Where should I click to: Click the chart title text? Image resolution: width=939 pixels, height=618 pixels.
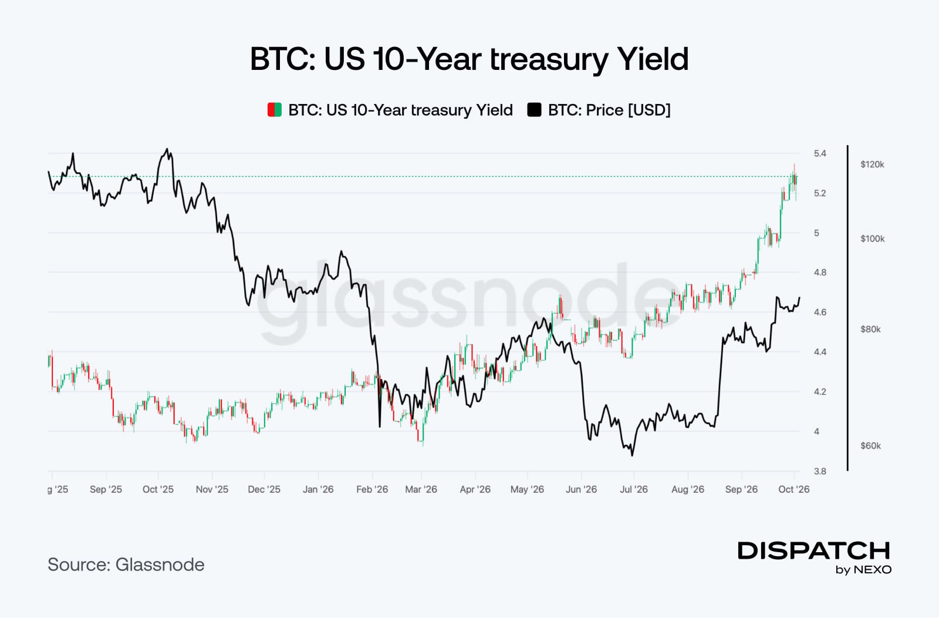coord(469,59)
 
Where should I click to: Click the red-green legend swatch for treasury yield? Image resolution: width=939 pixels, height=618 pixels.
coord(275,110)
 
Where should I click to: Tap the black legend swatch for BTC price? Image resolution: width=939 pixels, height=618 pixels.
coord(534,110)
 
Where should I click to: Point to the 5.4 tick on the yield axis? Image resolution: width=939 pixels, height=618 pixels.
coord(820,153)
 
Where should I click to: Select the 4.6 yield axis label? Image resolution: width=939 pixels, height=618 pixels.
coord(820,312)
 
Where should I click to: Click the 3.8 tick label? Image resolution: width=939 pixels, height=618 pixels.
coord(820,471)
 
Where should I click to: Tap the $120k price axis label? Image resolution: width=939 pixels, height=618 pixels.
coord(872,164)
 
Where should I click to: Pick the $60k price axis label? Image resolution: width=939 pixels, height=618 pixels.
coord(871,445)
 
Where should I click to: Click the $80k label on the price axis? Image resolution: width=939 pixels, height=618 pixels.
coord(871,330)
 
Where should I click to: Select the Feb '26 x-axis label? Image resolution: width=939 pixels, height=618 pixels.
coord(372,489)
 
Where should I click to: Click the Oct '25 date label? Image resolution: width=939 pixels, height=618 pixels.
coord(158,489)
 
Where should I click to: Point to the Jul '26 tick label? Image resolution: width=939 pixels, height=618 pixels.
coord(634,489)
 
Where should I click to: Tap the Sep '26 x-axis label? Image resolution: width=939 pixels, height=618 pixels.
coord(742,489)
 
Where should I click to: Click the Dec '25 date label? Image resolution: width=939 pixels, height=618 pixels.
coord(264,489)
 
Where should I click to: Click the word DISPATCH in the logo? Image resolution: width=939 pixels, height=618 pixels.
coord(813,550)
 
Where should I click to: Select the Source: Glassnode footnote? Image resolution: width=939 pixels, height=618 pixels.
coord(126,565)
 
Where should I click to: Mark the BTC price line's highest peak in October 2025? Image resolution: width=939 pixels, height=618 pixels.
coord(167,149)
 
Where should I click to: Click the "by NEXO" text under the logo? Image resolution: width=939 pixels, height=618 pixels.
coord(863,570)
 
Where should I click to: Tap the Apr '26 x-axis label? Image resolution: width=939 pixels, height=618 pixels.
coord(475,489)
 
